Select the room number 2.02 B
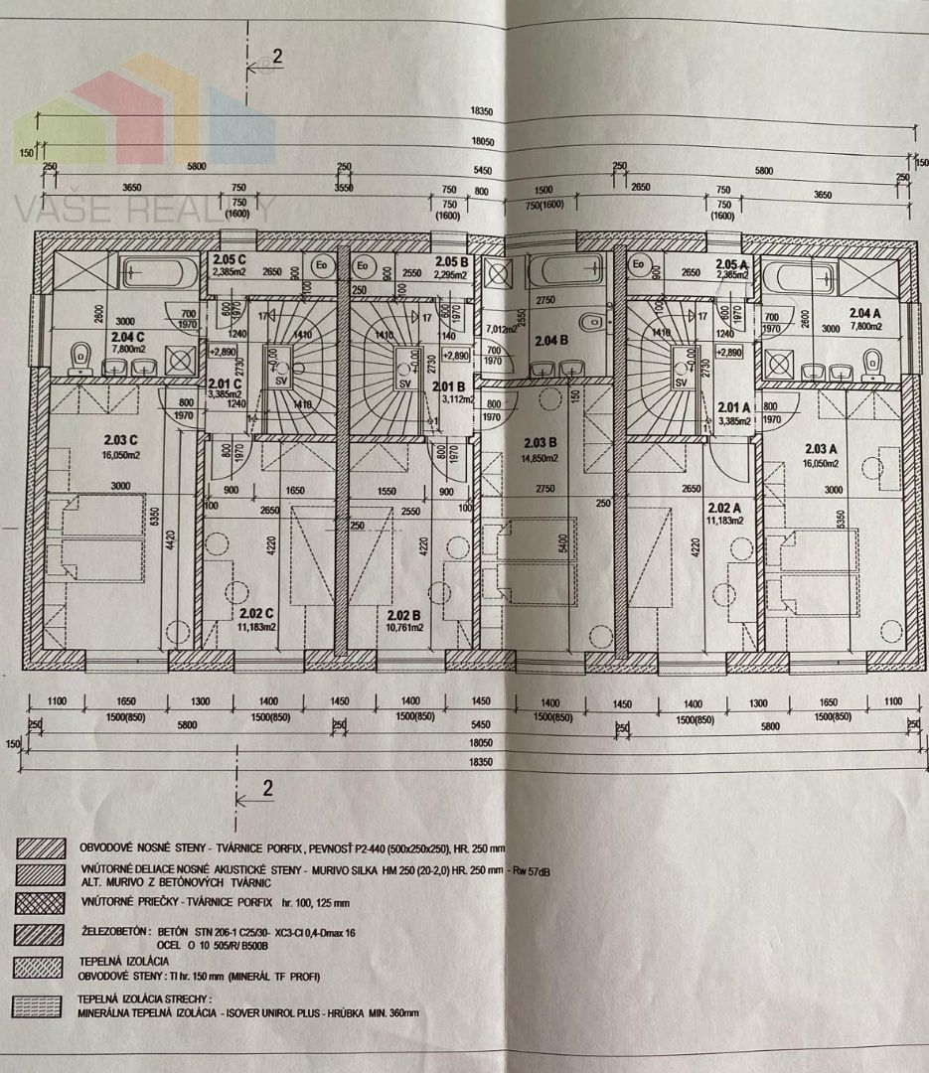coord(405,614)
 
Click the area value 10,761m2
coord(405,627)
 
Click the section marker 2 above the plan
coord(276,56)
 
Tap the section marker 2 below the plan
coord(266,789)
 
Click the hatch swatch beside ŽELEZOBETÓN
coord(37,935)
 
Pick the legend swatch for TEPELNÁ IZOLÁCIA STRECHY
coord(37,1005)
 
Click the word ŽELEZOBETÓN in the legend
coord(112,933)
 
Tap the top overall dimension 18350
coord(485,112)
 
